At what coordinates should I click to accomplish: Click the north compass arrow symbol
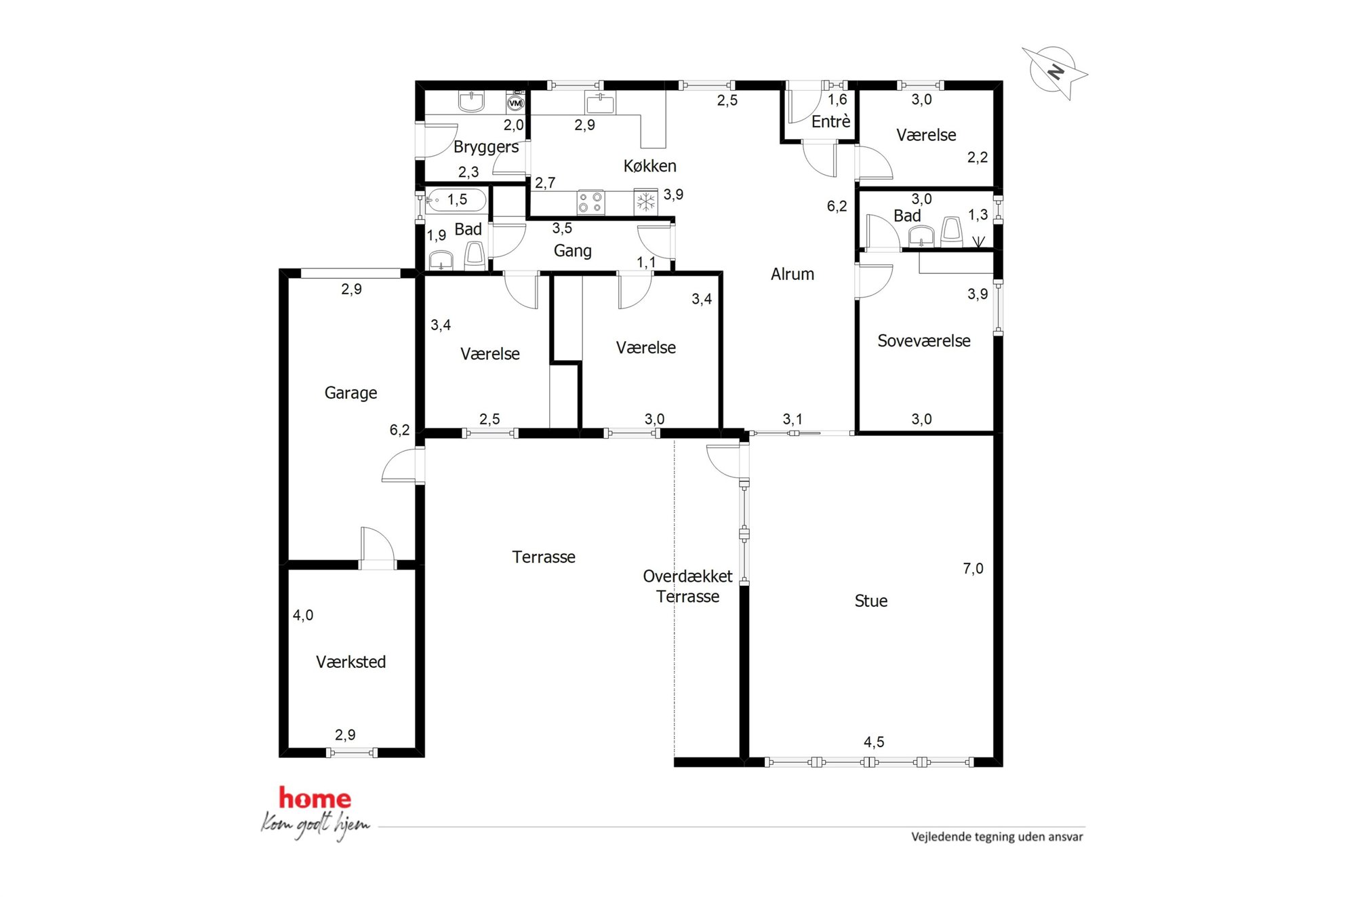[x=1053, y=71]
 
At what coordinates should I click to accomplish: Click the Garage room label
[x=350, y=393]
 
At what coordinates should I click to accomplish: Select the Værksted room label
[x=350, y=662]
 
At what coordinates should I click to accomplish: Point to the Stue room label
[x=870, y=601]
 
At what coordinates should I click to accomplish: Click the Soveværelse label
[x=923, y=340]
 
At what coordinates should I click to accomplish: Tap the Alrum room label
[x=792, y=274]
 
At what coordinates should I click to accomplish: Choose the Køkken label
[x=649, y=165]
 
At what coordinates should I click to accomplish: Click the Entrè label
[x=830, y=121]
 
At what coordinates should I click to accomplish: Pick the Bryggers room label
[x=486, y=147]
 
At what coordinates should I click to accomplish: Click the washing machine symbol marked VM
[x=515, y=103]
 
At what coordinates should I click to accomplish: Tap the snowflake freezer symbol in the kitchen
[x=645, y=202]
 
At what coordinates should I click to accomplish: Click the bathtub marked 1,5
[x=456, y=200]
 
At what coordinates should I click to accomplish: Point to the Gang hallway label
[x=572, y=251]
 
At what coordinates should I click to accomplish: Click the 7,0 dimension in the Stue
[x=973, y=569]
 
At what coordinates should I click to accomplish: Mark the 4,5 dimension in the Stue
[x=874, y=742]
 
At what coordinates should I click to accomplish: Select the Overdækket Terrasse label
[x=687, y=586]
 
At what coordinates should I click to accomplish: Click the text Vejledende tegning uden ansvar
[x=997, y=837]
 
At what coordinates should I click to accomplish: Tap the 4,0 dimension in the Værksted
[x=303, y=615]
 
